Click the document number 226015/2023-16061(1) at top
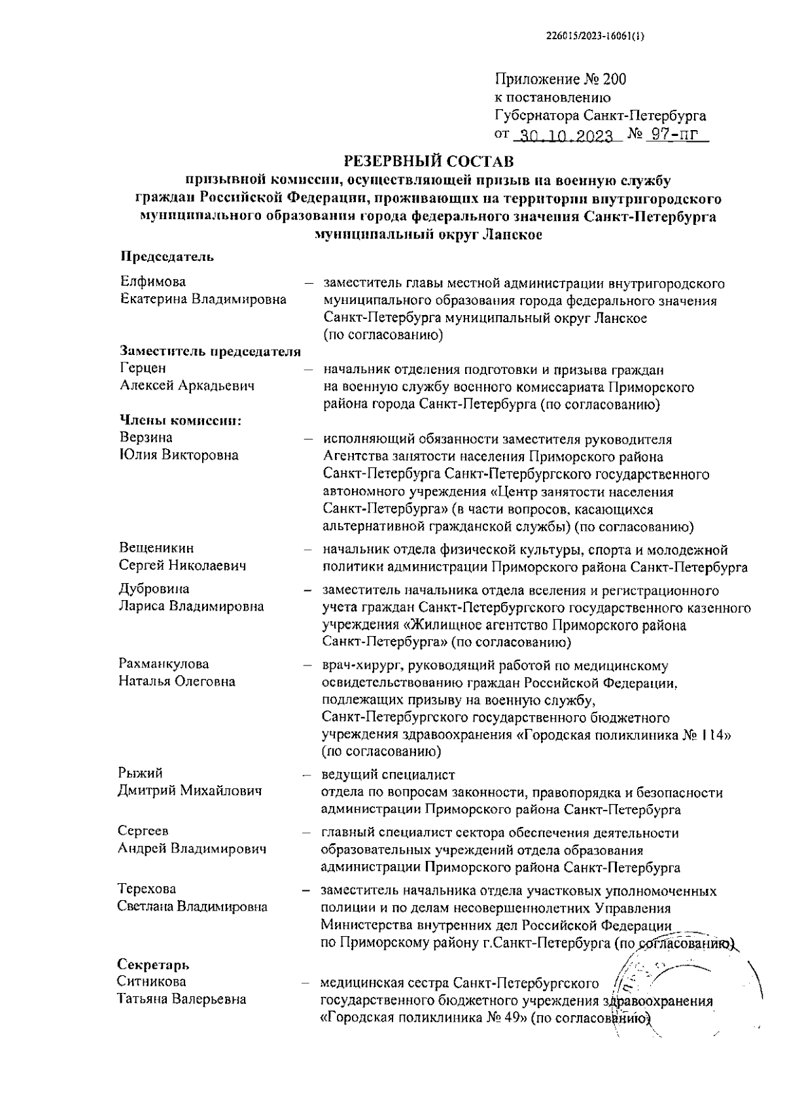[x=595, y=37]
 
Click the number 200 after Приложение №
[x=614, y=80]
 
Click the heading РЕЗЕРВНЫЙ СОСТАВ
[x=428, y=161]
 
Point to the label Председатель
[x=167, y=256]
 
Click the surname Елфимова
[x=153, y=282]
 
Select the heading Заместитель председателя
[x=210, y=352]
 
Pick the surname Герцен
[x=143, y=368]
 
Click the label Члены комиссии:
[x=181, y=420]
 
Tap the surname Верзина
[x=146, y=437]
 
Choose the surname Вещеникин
[x=157, y=548]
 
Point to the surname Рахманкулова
[x=164, y=664]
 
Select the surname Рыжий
[x=140, y=774]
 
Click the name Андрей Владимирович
[x=192, y=849]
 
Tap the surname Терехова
[x=147, y=890]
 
